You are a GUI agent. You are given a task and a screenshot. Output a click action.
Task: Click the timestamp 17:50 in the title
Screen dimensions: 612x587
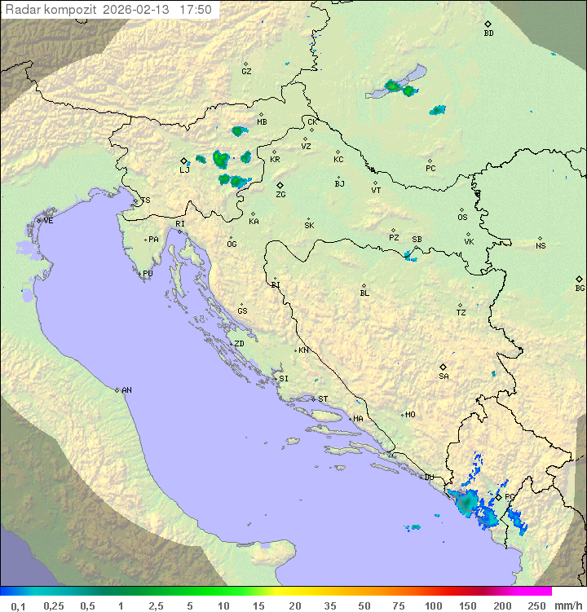tap(196, 10)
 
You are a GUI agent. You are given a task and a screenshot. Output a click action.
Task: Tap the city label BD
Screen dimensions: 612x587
tap(488, 33)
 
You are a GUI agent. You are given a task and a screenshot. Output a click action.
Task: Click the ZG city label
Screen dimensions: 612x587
tap(280, 195)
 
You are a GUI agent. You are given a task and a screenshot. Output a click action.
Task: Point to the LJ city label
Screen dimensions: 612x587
tap(184, 170)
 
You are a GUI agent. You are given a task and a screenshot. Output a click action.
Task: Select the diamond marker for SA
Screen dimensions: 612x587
tap(443, 368)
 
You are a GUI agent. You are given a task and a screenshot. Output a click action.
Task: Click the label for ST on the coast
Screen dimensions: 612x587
tap(323, 399)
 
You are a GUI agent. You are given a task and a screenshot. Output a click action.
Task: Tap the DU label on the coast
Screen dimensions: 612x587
tap(429, 478)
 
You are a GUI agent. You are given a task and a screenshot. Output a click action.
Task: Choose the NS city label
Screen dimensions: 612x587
tap(541, 246)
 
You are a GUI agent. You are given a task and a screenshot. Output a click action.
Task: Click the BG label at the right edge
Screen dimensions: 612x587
tap(580, 288)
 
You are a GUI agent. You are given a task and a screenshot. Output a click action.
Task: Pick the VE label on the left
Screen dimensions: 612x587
tap(48, 221)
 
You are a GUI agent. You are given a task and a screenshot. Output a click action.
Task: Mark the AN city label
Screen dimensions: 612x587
tap(126, 390)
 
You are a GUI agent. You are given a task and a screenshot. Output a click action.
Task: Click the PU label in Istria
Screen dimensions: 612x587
tap(148, 274)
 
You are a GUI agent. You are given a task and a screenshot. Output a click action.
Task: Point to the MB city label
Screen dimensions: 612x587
tap(262, 122)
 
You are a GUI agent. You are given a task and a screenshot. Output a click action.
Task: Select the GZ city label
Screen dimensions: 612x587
tap(246, 71)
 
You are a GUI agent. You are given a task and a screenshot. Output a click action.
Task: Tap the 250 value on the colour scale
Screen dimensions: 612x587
tap(536, 605)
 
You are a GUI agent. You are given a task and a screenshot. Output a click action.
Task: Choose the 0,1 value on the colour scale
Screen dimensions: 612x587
tap(18, 605)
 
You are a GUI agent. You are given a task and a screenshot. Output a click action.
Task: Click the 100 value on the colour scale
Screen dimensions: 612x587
tap(434, 605)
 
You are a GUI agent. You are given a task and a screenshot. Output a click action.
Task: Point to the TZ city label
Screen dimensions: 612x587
tap(461, 312)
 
